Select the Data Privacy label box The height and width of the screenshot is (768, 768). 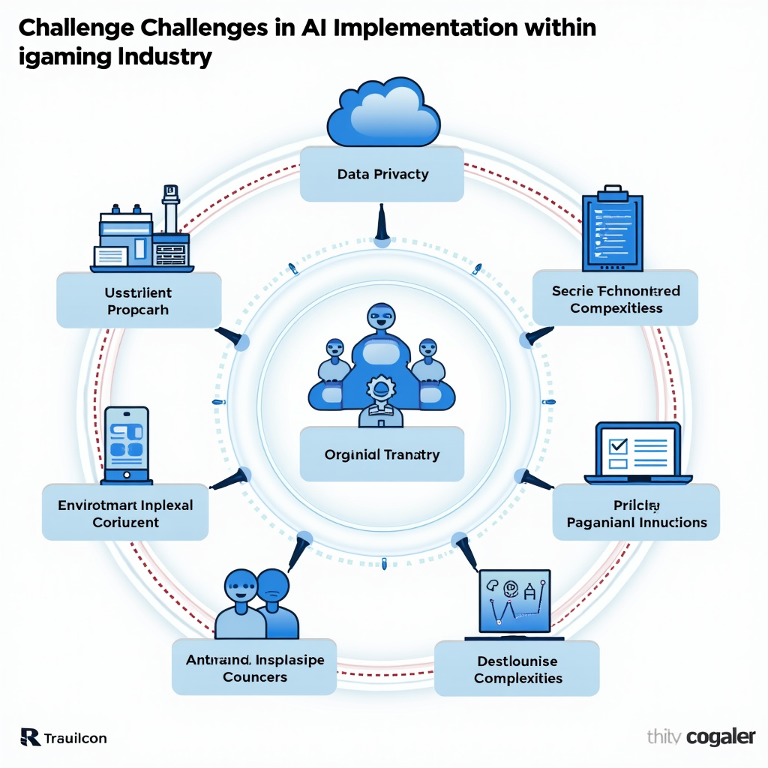382,174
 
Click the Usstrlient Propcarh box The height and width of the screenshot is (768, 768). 139,300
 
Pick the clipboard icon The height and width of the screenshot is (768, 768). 613,232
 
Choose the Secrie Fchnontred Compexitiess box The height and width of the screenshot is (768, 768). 615,298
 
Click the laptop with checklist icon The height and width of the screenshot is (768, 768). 637,452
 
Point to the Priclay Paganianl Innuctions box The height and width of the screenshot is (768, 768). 636,513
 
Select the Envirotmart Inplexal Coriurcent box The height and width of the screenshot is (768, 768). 125,513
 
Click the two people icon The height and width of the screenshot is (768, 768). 256,603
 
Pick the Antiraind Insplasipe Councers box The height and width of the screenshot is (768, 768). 254,667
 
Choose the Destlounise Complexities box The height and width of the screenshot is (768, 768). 517,669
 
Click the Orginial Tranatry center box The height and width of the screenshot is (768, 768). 382,454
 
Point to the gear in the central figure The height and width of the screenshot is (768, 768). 380,389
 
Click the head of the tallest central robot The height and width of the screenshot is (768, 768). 380,318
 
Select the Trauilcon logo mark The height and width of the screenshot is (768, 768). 30,737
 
